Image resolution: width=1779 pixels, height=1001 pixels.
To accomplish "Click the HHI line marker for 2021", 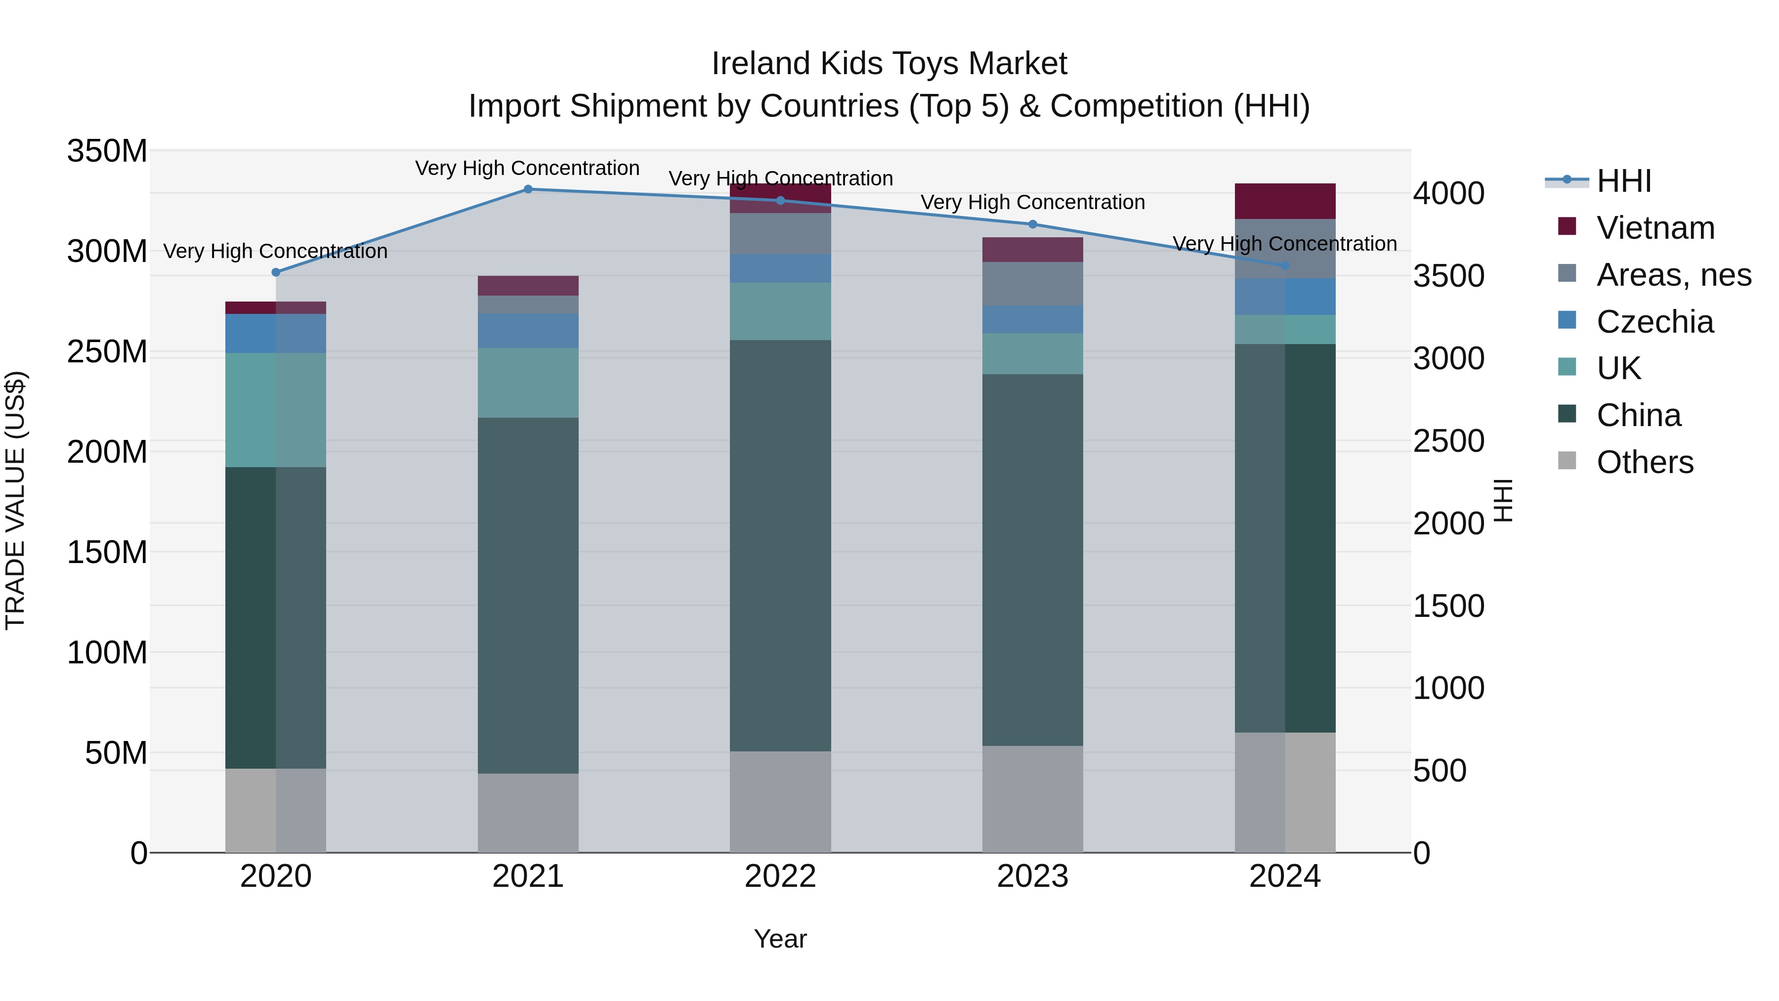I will coord(528,189).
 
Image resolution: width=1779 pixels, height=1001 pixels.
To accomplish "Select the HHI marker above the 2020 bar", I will coord(276,272).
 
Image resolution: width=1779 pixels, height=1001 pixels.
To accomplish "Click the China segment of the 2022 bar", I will coord(780,546).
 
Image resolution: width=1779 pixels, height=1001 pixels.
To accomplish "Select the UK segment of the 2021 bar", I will coord(528,383).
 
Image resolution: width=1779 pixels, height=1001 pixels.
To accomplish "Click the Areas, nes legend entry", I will coord(1673,275).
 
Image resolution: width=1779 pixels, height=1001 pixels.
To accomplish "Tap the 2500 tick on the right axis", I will coord(1449,441).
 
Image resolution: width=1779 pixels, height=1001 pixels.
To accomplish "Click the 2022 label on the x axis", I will coord(780,876).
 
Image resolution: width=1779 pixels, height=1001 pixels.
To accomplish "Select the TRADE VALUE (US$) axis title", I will coord(15,501).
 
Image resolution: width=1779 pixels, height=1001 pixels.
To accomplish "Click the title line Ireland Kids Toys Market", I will coord(889,64).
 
